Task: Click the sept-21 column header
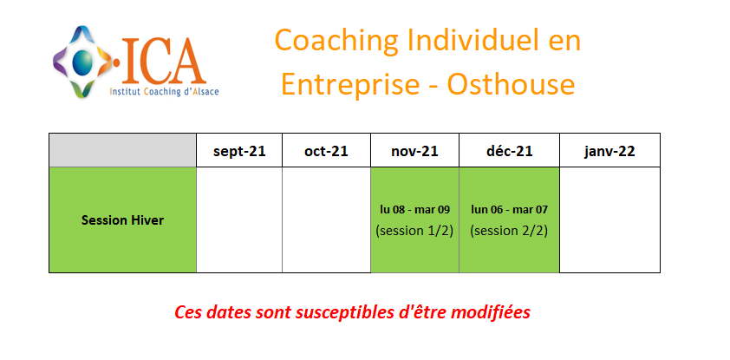pyautogui.click(x=239, y=151)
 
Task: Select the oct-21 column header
pyautogui.click(x=326, y=151)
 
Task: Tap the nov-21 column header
pyautogui.click(x=414, y=151)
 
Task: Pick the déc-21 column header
pyautogui.click(x=509, y=151)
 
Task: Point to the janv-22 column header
pyautogui.click(x=609, y=151)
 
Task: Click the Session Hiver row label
pyautogui.click(x=122, y=220)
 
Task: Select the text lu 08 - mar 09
pyautogui.click(x=414, y=210)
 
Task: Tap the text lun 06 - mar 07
pyautogui.click(x=509, y=210)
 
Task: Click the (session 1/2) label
pyautogui.click(x=414, y=231)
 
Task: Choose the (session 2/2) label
pyautogui.click(x=509, y=231)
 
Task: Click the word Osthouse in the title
pyautogui.click(x=511, y=84)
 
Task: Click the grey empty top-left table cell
pyautogui.click(x=122, y=150)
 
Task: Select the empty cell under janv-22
pyautogui.click(x=609, y=219)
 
